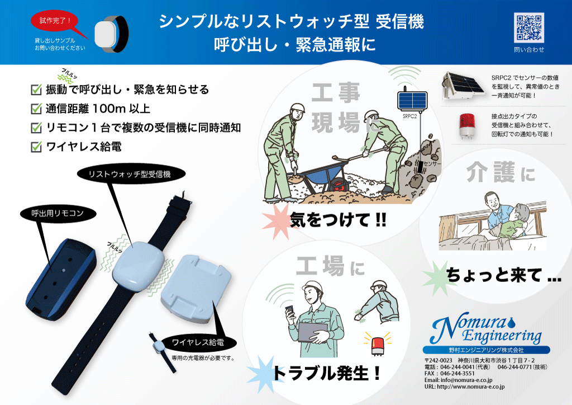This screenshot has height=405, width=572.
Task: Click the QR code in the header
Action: coord(528,27)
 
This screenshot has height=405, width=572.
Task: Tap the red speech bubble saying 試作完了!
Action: coord(55,21)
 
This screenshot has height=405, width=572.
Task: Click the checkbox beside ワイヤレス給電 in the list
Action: coord(36,147)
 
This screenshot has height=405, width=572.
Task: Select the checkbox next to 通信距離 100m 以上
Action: coord(36,109)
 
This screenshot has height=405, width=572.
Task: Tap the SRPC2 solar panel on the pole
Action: coord(412,101)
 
